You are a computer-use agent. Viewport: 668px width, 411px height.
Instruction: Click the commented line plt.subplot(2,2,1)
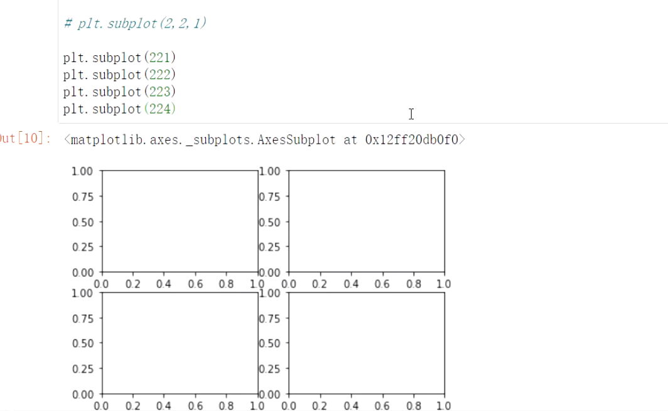[x=135, y=24]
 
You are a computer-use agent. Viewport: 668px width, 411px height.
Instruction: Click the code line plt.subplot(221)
[x=120, y=58]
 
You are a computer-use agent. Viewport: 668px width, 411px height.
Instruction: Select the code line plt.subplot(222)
[x=120, y=75]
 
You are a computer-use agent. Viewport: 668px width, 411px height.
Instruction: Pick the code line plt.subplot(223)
[x=120, y=92]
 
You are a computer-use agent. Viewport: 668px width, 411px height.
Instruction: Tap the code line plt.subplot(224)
[x=120, y=109]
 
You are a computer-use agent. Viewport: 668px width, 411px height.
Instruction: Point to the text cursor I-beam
[x=411, y=114]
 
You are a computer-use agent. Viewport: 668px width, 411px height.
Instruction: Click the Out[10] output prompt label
[x=25, y=139]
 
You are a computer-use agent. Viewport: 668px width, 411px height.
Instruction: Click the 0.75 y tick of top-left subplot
[x=83, y=196]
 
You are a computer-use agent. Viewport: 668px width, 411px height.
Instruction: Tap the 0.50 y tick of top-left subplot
[x=83, y=222]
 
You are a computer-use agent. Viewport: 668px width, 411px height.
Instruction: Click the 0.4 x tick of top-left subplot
[x=163, y=284]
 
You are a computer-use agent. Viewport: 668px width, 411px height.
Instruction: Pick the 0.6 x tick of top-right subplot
[x=382, y=284]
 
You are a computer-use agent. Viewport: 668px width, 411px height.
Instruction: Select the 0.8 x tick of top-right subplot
[x=413, y=284]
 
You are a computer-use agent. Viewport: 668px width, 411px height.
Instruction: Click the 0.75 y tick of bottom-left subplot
[x=83, y=318]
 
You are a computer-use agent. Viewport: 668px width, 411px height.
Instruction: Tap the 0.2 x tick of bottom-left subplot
[x=132, y=406]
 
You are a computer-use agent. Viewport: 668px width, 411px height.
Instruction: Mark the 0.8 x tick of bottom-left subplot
[x=226, y=406]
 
